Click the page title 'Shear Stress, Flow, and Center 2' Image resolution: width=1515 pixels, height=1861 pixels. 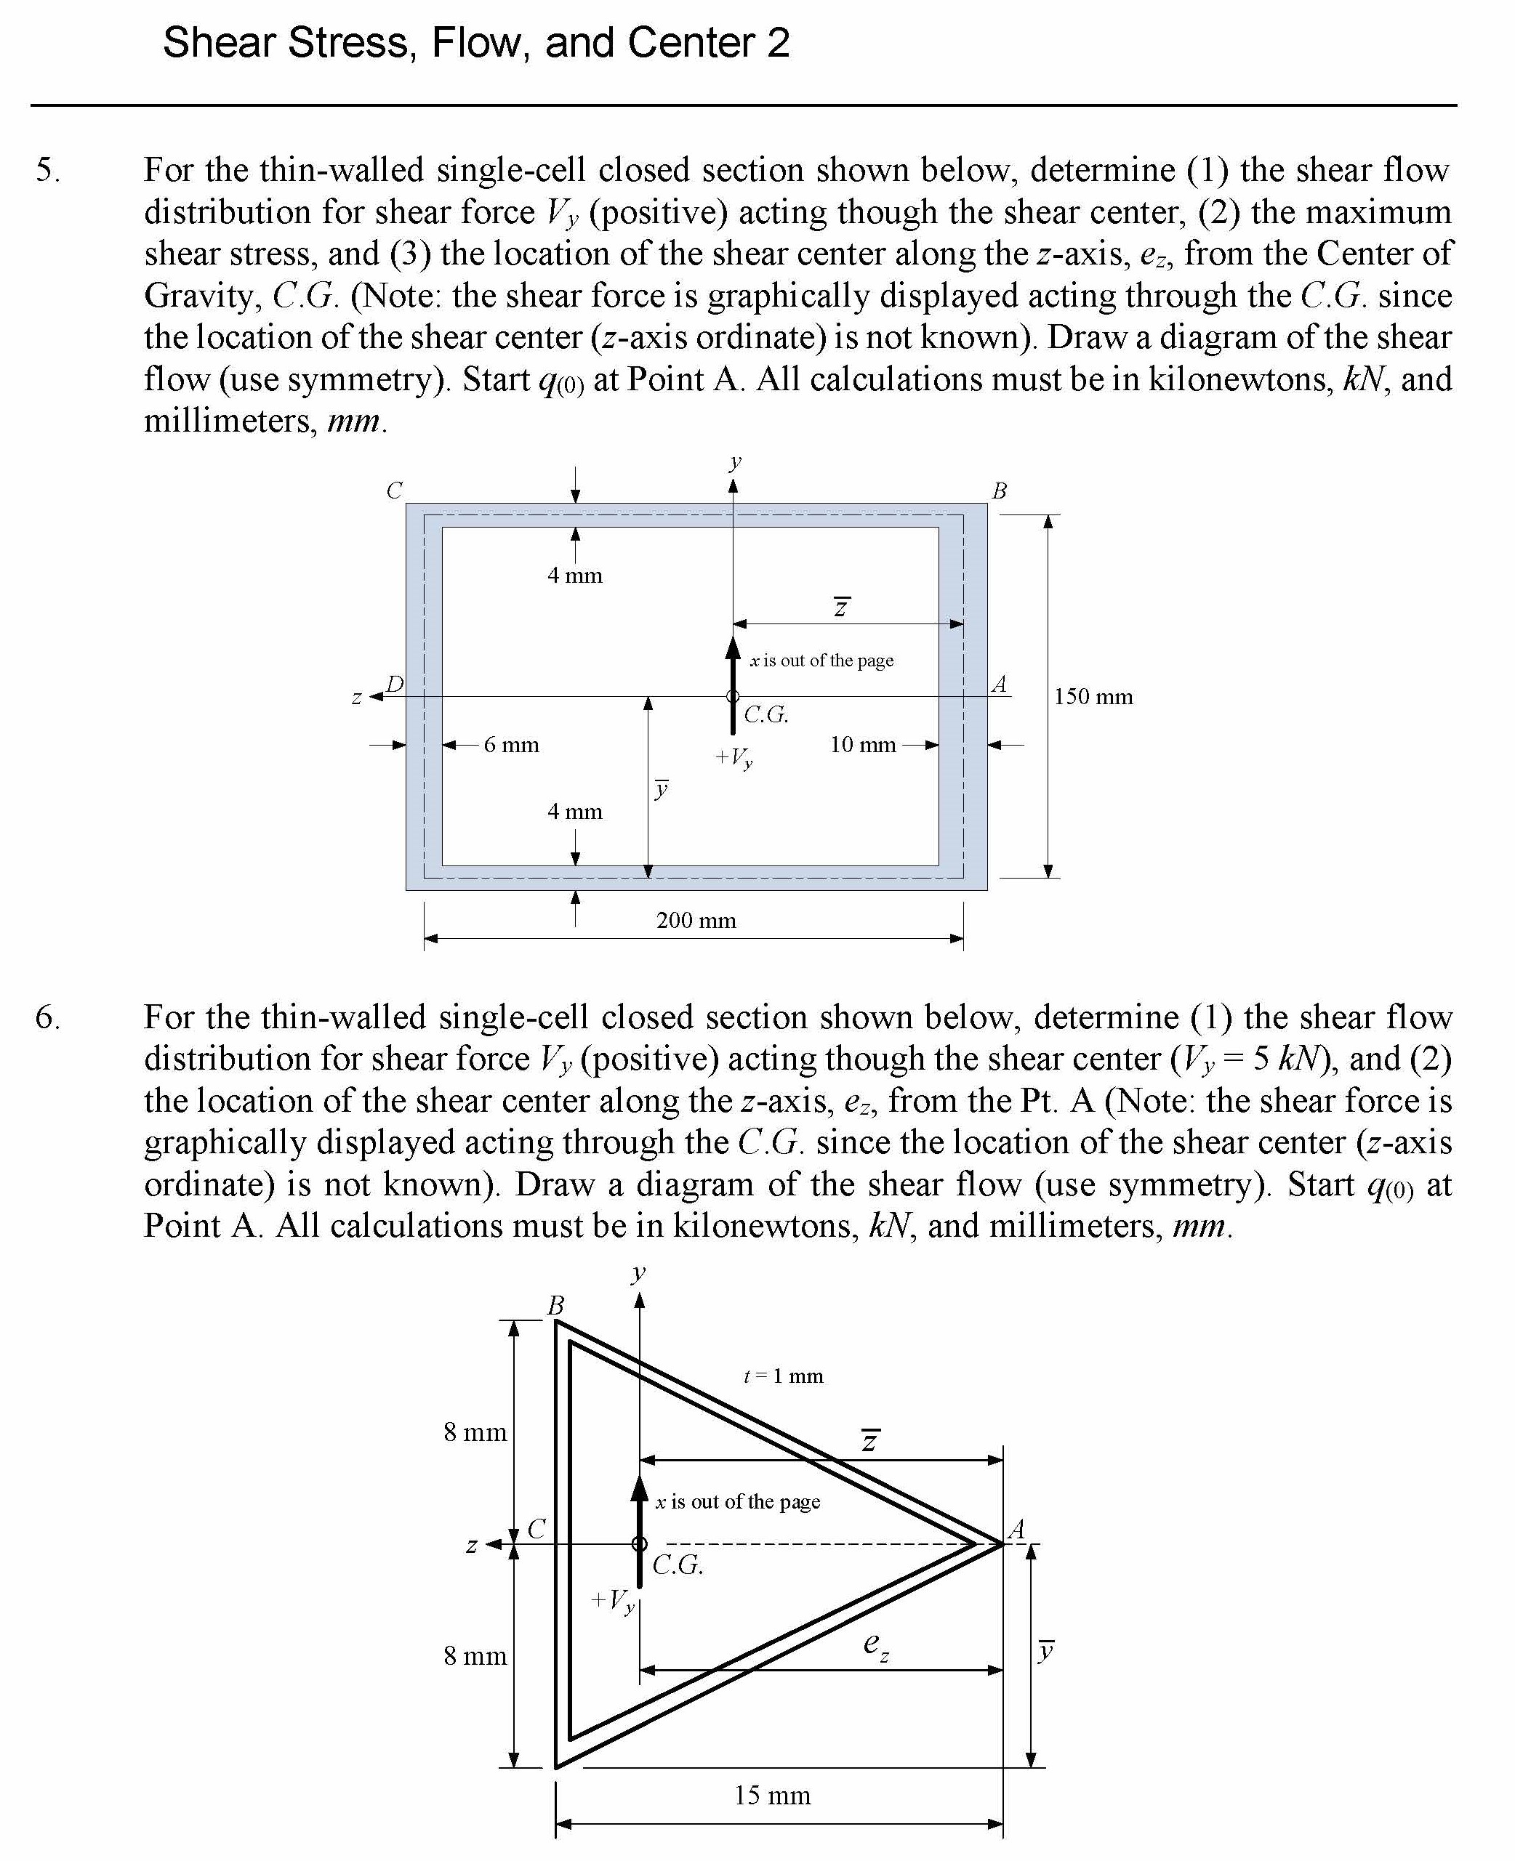point(475,43)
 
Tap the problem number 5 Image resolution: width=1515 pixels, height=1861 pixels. point(47,169)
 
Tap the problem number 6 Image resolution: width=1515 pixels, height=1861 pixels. point(47,1017)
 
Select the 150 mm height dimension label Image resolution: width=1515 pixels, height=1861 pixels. point(1093,696)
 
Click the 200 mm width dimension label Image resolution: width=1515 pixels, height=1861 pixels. point(696,921)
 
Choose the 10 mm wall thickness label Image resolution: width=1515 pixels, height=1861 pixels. point(862,745)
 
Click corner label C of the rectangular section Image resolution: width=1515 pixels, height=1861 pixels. point(395,491)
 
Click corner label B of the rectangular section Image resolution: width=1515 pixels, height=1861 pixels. point(1000,491)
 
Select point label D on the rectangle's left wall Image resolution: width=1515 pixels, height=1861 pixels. point(395,684)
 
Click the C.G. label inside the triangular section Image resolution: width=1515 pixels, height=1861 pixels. point(678,1565)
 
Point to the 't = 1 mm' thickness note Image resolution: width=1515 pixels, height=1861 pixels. point(783,1376)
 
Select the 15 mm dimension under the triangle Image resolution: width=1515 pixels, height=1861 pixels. point(771,1795)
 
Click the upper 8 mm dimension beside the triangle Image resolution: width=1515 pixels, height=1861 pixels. point(475,1432)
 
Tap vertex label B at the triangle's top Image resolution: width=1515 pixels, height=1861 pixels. point(555,1305)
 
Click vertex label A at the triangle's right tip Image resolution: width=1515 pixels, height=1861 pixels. point(1016,1530)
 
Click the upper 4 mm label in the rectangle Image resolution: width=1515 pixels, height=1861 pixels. point(574,576)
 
